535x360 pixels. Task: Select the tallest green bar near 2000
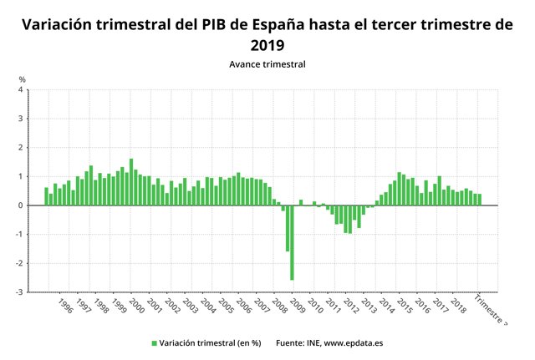[x=131, y=182]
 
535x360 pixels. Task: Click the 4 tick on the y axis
[x=20, y=89]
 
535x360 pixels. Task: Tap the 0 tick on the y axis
[x=20, y=205]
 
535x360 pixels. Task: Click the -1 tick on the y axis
[x=19, y=235]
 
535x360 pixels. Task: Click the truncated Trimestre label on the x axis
[x=490, y=309]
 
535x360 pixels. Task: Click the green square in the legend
[x=155, y=342]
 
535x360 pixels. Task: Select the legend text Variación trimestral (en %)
[x=210, y=342]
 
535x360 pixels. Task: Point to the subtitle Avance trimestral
[x=267, y=63]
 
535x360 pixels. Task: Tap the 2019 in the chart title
[x=267, y=44]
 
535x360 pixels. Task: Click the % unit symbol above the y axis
[x=23, y=79]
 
